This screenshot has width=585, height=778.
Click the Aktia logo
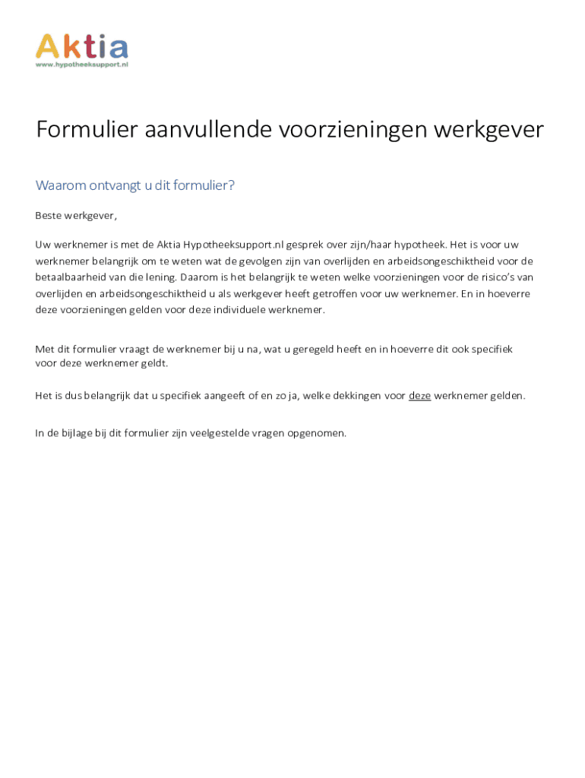(x=81, y=46)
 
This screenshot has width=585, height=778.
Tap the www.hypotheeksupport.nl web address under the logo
(x=81, y=65)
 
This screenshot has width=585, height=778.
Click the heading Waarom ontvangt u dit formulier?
(x=135, y=185)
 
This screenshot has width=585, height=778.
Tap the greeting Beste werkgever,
(x=76, y=216)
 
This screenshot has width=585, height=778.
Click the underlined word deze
(x=419, y=396)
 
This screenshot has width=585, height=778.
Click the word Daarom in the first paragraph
(x=199, y=277)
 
